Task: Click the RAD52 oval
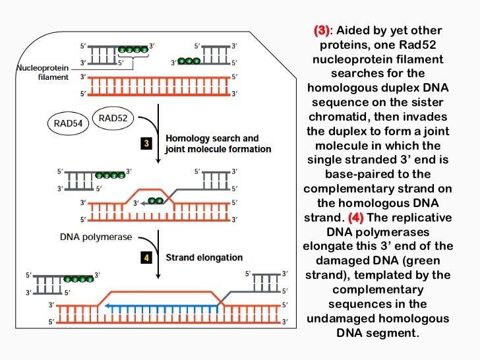tap(113, 118)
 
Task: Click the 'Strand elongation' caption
tap(204, 258)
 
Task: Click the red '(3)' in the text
tap(321, 31)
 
